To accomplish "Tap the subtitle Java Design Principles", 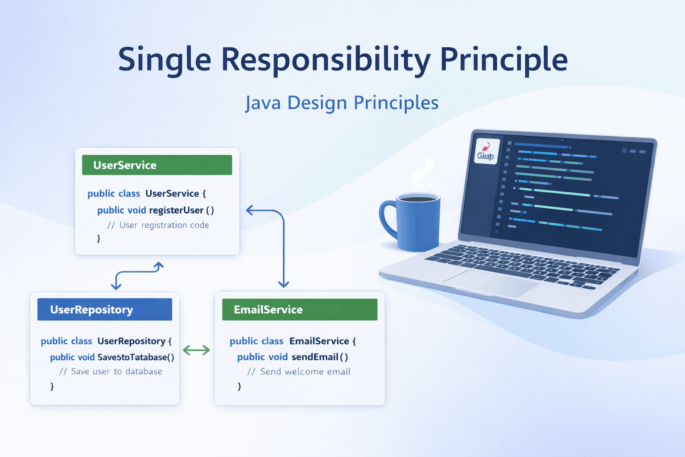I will pos(342,103).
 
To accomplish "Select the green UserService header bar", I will pos(157,165).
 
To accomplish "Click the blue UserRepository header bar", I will pos(105,309).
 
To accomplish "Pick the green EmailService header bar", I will pos(300,309).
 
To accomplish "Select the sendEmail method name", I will pos(315,357).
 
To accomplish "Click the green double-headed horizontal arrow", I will pos(196,350).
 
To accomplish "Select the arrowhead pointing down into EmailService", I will pos(284,284).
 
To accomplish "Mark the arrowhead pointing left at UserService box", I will pos(250,210).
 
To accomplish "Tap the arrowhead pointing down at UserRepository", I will pos(116,286).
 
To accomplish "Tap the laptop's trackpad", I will pos(491,283).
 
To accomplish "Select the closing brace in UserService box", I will pos(99,239).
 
